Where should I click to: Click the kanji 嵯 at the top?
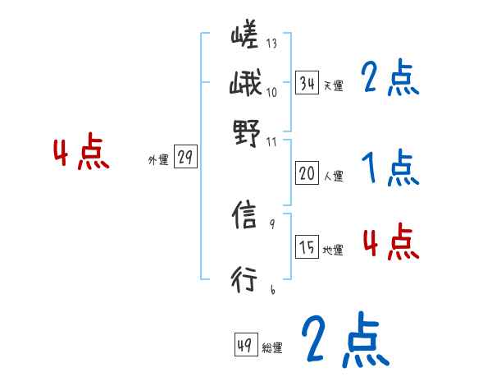(x=244, y=38)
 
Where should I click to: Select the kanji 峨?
(x=244, y=83)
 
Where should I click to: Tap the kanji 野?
(x=244, y=132)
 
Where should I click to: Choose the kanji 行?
(x=245, y=280)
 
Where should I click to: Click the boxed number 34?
(x=307, y=83)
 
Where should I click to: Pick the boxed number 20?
(x=307, y=173)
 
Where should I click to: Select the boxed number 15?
(x=307, y=248)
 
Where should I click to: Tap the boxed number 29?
(x=185, y=159)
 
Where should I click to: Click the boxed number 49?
(x=245, y=346)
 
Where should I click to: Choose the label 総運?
(x=271, y=348)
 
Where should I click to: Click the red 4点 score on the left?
(x=81, y=154)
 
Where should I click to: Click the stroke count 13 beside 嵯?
(x=271, y=44)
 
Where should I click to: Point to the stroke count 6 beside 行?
(x=272, y=289)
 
